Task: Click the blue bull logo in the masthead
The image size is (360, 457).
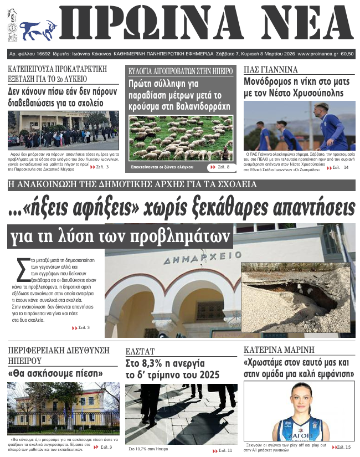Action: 38,27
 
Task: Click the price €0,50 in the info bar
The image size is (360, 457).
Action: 347,54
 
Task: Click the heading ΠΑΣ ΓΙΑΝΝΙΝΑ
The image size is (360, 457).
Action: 271,69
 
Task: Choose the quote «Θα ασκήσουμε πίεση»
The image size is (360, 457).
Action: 55,373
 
